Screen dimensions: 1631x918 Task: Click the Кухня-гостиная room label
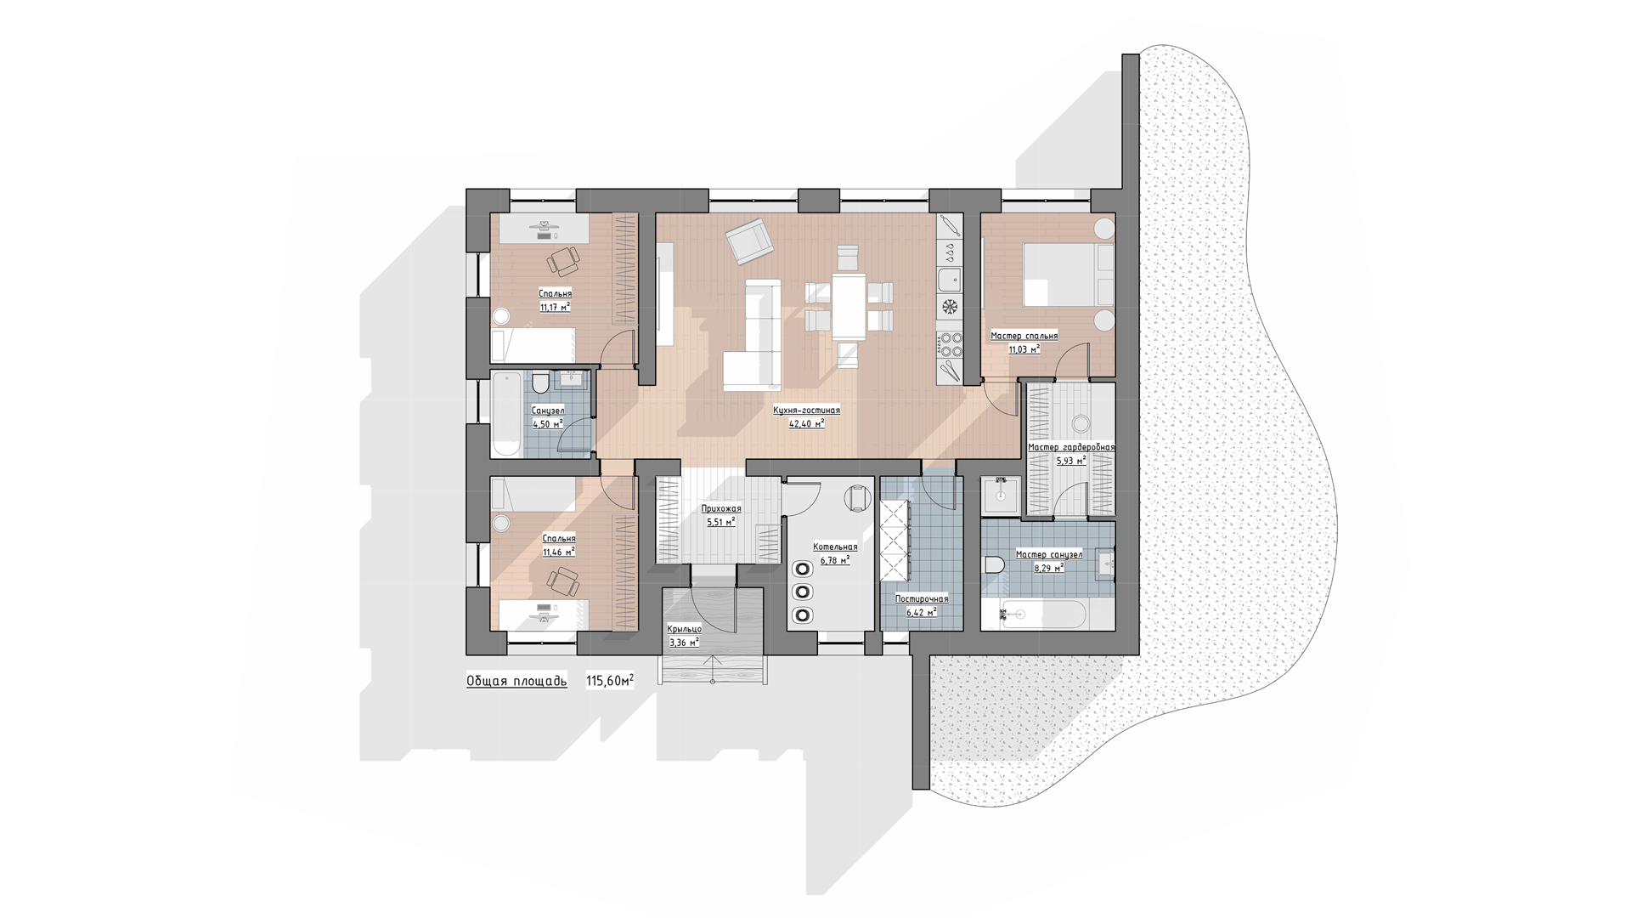(806, 410)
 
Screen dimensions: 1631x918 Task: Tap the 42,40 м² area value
(806, 423)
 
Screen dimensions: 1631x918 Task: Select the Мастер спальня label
(1024, 336)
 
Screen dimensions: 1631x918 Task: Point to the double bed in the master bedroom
(1068, 275)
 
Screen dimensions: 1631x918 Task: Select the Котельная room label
(835, 547)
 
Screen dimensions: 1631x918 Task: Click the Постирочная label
(922, 598)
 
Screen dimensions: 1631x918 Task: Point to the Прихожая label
(721, 508)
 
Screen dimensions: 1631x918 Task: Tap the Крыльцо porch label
(684, 629)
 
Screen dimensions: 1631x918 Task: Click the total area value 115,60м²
(610, 681)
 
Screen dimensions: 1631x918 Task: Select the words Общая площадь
(516, 681)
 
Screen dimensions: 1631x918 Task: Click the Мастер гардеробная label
(1071, 447)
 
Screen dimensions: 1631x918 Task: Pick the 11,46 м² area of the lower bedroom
(559, 552)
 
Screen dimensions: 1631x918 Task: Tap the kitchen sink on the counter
(949, 279)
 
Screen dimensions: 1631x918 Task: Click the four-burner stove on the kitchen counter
(949, 344)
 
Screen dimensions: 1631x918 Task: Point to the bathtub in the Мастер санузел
(1042, 614)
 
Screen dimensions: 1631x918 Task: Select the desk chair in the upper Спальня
(563, 261)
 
